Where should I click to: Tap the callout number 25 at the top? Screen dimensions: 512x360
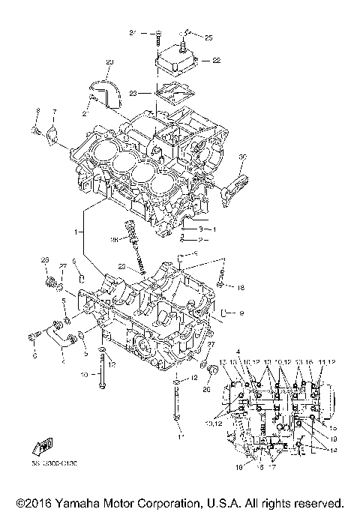click(208, 37)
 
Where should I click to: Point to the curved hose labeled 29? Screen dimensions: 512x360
click(104, 89)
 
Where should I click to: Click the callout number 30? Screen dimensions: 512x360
click(242, 156)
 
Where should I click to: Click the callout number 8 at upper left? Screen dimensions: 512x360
click(37, 112)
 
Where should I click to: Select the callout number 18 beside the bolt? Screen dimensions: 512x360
click(241, 287)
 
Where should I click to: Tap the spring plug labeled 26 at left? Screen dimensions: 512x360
click(52, 283)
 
